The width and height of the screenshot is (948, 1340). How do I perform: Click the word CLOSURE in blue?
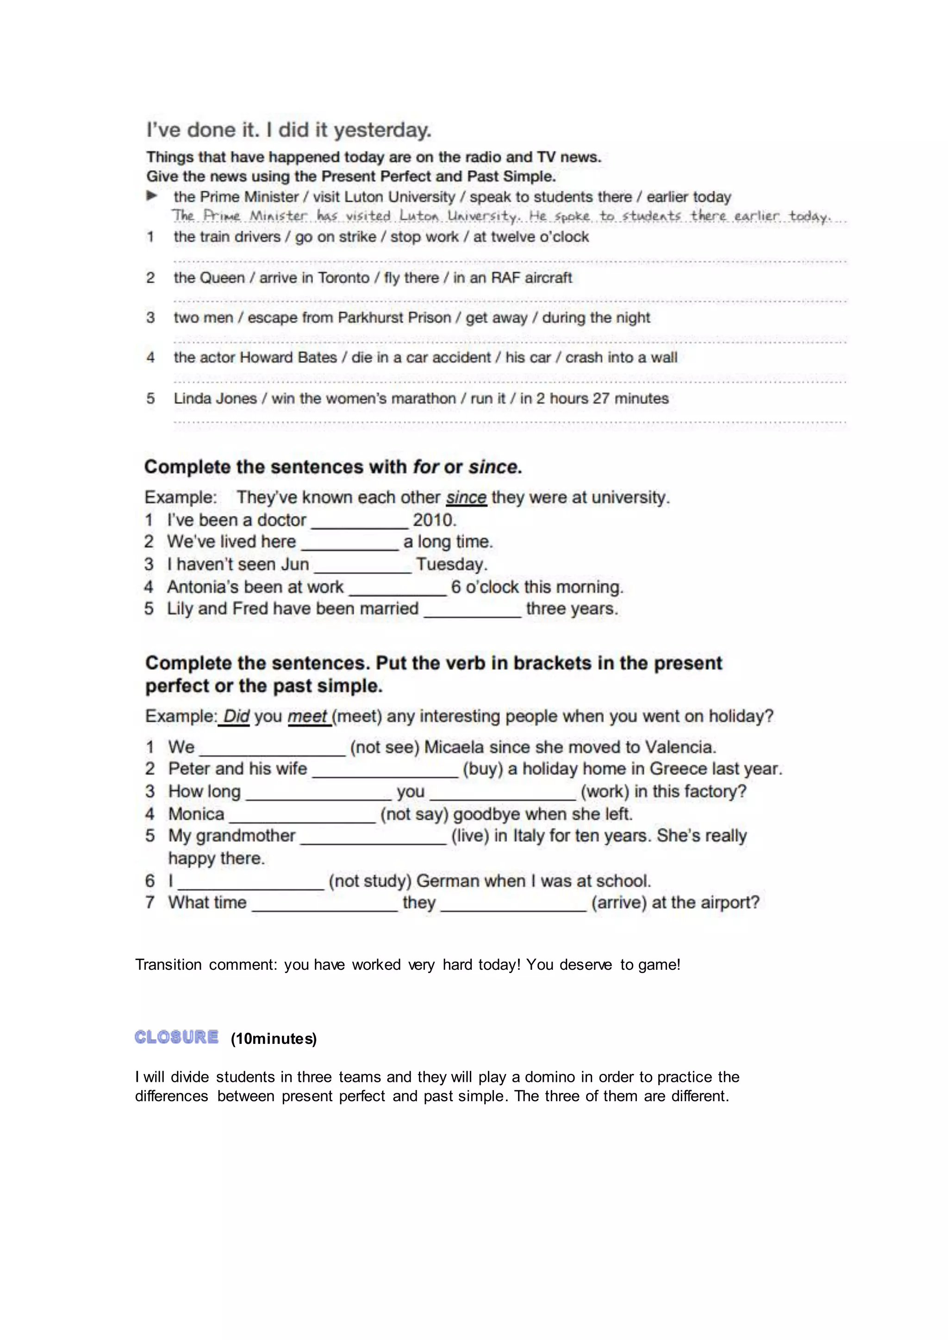(x=176, y=1037)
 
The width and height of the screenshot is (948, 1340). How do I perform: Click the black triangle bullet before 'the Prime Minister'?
(x=152, y=196)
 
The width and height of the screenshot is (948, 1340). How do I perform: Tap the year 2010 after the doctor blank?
(x=434, y=520)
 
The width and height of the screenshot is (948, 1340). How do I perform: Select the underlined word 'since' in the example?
(x=466, y=498)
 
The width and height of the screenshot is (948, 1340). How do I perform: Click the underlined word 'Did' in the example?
(x=236, y=716)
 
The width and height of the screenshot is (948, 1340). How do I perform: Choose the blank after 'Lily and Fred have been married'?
(x=472, y=610)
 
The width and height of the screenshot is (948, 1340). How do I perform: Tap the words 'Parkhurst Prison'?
(x=394, y=317)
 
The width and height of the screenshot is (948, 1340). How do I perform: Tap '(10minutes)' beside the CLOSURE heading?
(x=273, y=1039)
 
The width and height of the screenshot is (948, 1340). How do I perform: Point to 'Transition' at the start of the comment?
(x=168, y=965)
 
